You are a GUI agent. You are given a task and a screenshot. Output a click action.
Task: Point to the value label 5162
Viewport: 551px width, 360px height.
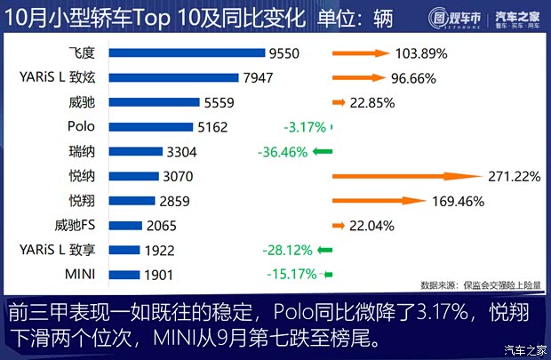[213, 127]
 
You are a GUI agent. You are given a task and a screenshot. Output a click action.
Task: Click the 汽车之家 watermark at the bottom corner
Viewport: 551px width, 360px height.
[524, 348]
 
